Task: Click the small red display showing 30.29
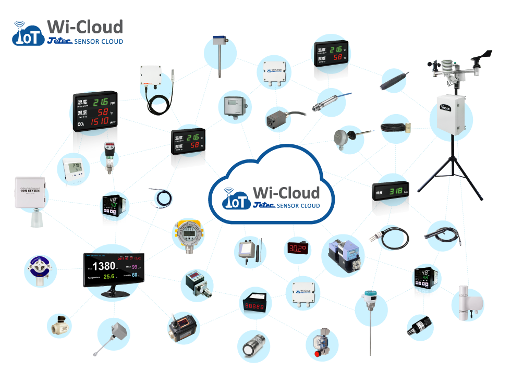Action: click(x=297, y=249)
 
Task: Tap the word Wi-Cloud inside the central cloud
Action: click(x=286, y=192)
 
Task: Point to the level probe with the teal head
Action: click(x=371, y=307)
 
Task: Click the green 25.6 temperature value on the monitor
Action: click(x=108, y=277)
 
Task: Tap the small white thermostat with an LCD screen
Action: click(x=69, y=169)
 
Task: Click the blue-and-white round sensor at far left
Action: click(x=40, y=269)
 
